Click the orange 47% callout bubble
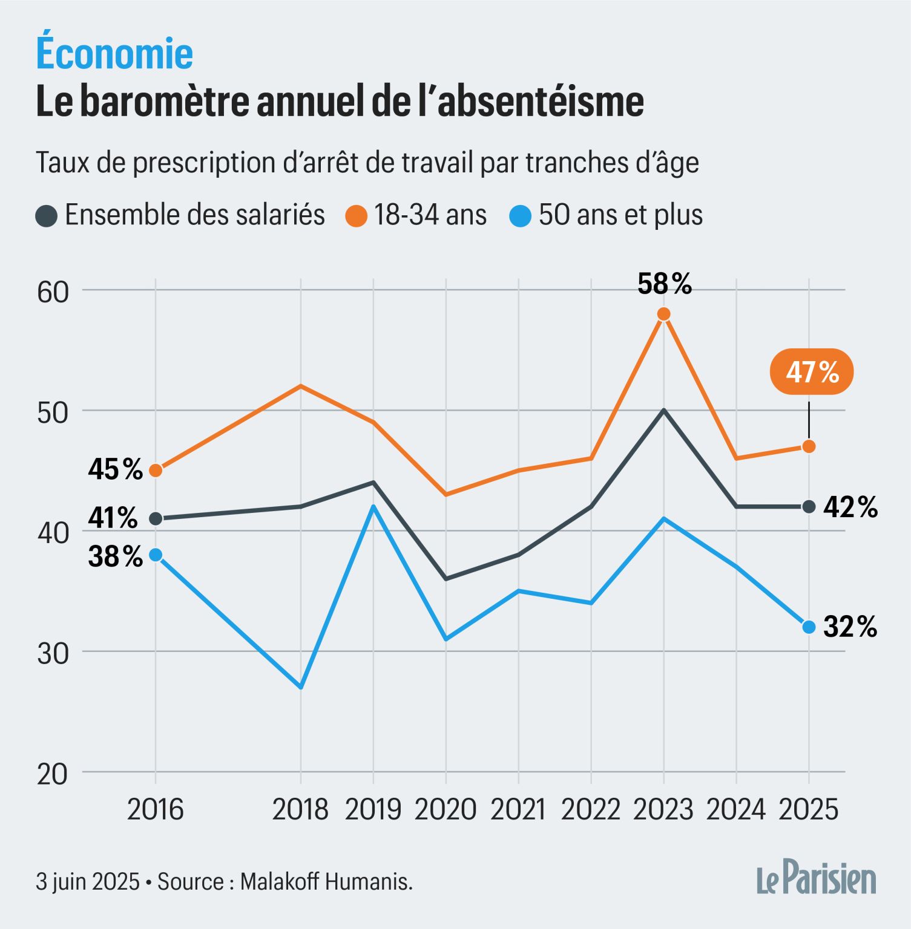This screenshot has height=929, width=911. (811, 372)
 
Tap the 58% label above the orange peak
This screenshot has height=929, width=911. (664, 284)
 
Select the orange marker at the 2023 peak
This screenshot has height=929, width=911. (663, 314)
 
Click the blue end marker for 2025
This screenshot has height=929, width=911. (809, 627)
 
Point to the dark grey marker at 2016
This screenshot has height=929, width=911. (156, 518)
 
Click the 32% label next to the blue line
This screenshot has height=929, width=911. (850, 627)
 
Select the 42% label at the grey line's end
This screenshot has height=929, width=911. (850, 507)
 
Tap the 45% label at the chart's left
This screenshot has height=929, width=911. (115, 469)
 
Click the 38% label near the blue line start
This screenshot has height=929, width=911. (115, 556)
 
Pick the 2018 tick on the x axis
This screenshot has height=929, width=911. (300, 809)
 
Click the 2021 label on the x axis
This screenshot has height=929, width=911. (518, 809)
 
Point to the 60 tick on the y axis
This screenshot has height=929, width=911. (53, 292)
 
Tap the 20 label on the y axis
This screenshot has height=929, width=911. (53, 774)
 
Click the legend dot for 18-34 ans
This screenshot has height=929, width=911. (357, 216)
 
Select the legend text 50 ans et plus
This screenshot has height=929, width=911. (620, 215)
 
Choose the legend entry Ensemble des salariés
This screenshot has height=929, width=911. (194, 215)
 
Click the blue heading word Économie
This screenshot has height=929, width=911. (114, 53)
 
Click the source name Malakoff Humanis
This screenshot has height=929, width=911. (326, 881)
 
